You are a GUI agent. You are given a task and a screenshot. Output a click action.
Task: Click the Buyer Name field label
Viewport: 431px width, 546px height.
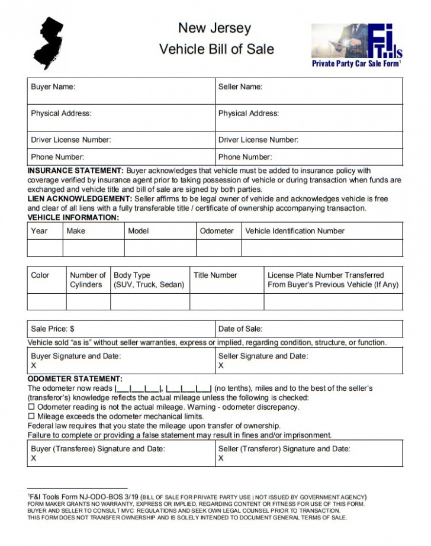tap(53, 87)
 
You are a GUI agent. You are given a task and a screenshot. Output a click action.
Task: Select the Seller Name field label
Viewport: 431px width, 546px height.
tap(240, 87)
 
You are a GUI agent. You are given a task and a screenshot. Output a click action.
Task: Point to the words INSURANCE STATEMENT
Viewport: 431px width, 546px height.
tap(76, 171)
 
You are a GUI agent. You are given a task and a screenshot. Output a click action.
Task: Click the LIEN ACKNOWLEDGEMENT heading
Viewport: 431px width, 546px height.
tap(80, 199)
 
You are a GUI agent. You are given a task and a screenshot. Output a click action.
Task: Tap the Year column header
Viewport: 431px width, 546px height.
tap(39, 231)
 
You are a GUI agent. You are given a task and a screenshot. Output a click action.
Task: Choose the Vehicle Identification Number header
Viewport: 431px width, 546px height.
tap(294, 231)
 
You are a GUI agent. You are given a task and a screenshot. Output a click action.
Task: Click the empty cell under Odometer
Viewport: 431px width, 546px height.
tap(218, 248)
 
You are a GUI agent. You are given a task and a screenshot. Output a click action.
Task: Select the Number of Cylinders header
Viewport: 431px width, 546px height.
tap(88, 280)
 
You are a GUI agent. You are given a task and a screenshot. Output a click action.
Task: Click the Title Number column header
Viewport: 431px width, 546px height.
tap(215, 275)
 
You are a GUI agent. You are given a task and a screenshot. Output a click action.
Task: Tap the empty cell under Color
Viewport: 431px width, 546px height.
tap(46, 301)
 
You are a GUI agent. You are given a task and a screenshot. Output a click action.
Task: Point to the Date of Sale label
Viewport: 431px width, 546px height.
tap(240, 329)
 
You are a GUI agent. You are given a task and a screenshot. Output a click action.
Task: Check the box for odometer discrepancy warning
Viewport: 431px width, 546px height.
tap(32, 407)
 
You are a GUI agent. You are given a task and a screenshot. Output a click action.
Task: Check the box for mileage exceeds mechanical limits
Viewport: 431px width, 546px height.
tap(32, 416)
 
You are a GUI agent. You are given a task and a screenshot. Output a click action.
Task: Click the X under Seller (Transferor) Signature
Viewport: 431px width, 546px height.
tap(221, 458)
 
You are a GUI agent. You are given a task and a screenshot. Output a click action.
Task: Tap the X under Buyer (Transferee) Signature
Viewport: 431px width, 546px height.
tap(33, 458)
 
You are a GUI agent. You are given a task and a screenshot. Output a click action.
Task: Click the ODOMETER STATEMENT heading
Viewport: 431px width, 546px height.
tap(75, 379)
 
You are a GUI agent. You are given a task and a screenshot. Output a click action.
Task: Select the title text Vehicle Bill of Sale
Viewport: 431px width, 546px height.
tap(216, 49)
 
